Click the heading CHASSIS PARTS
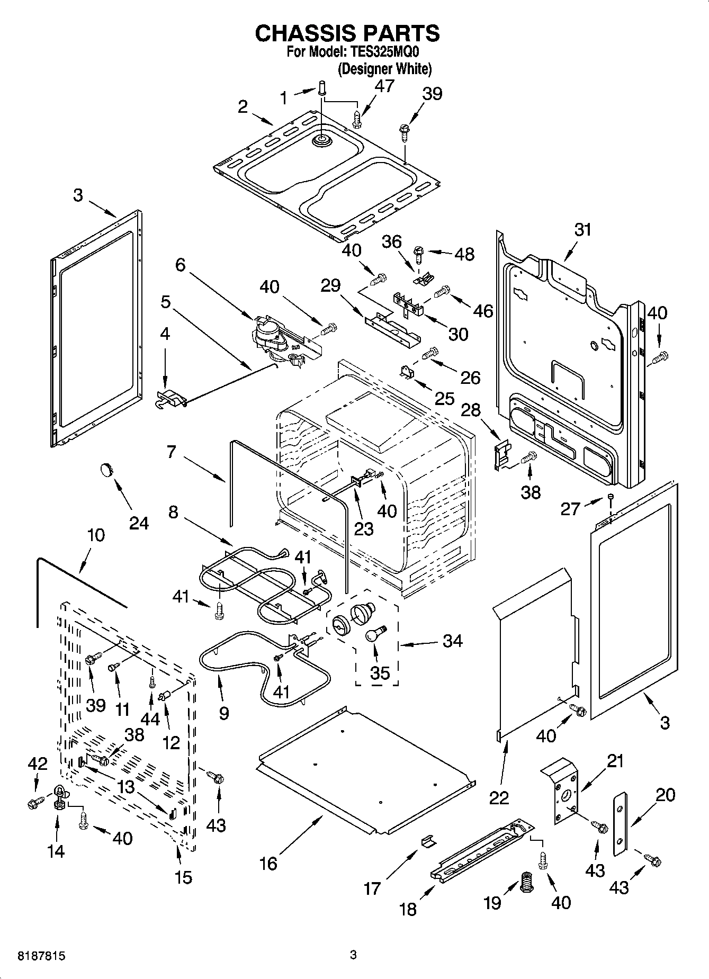coord(347,33)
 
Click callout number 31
coord(582,230)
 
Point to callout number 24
coord(139,523)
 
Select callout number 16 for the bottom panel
coord(268,863)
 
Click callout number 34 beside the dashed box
coord(452,641)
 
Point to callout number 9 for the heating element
coord(223,713)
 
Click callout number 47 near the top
coord(384,86)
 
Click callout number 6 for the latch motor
coord(181,264)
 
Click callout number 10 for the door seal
coord(95,535)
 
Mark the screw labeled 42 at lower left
coord(33,804)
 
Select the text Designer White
coord(384,69)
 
